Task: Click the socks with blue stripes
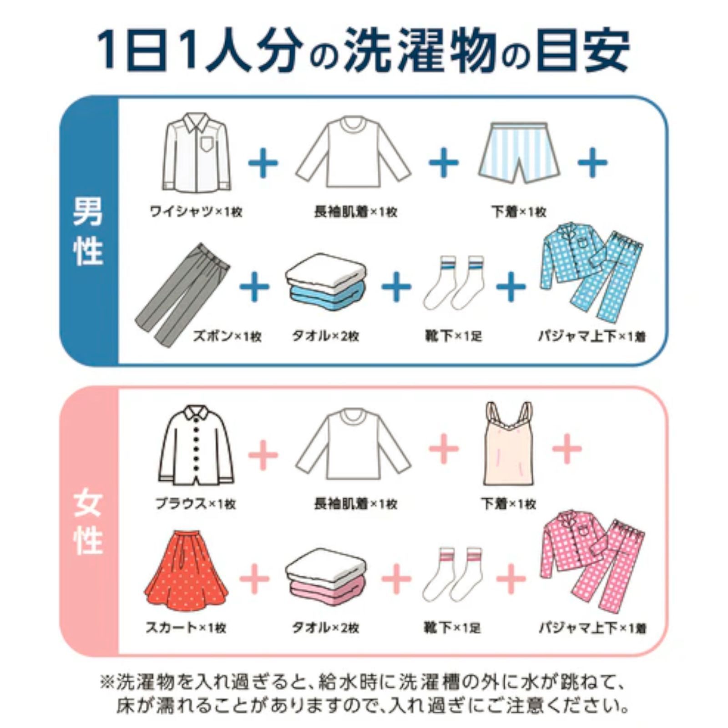click(x=453, y=282)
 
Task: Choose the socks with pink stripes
click(x=452, y=574)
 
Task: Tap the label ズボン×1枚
click(x=227, y=337)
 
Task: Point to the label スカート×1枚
click(x=186, y=628)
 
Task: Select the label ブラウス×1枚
click(x=196, y=504)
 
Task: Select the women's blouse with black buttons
click(x=196, y=446)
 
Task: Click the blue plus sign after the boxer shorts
click(x=592, y=162)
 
